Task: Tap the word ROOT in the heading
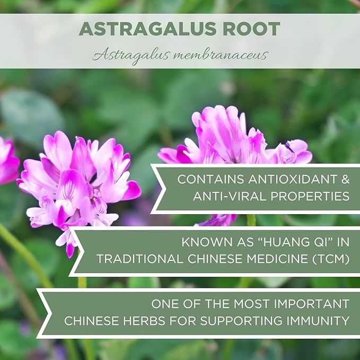[254, 29]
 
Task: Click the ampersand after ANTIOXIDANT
[345, 179]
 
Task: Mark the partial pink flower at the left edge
[7, 161]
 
